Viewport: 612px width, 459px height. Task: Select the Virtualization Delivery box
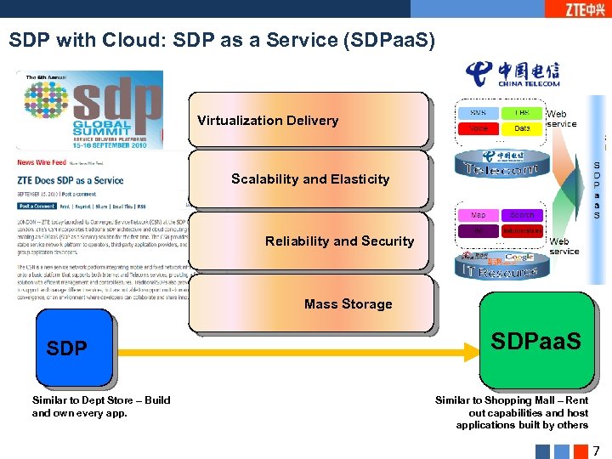[268, 121]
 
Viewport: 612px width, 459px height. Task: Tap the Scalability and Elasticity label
[310, 179]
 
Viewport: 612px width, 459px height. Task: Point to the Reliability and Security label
[339, 241]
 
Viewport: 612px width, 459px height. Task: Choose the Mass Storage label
[348, 304]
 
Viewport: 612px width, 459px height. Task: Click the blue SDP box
[74, 348]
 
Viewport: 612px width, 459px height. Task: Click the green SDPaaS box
[536, 341]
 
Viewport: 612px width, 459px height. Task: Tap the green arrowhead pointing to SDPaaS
[472, 348]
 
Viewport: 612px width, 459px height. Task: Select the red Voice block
[478, 128]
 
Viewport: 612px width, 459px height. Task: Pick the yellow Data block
[522, 128]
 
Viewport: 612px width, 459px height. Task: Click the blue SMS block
[478, 113]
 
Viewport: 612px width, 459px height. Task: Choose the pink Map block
[478, 215]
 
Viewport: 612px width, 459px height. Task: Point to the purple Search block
[522, 215]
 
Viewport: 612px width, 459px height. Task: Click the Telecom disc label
[501, 169]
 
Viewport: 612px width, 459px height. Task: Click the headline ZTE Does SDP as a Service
[70, 180]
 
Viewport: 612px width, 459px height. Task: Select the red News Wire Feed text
[41, 161]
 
